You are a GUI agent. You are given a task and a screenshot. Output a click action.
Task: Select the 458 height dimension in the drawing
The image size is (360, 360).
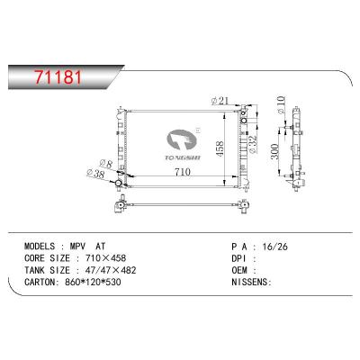[231, 147]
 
